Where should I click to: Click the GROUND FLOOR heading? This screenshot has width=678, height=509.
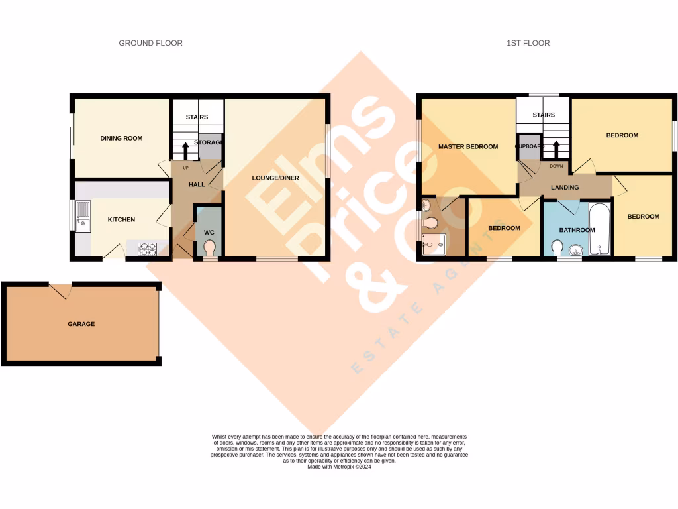[150, 43]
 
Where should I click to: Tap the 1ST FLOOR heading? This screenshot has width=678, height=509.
[528, 43]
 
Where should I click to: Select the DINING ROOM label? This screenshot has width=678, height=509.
[121, 138]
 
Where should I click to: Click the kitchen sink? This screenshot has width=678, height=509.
[83, 217]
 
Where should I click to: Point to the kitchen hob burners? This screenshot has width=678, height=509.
[146, 249]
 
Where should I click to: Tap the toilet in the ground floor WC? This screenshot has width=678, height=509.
[210, 248]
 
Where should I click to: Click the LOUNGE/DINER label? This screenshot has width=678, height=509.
[275, 178]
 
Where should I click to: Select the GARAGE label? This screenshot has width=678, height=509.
[81, 324]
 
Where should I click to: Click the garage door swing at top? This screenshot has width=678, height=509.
[60, 290]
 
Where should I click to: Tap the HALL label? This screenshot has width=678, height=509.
[197, 184]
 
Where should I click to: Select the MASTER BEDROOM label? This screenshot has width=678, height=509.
[467, 146]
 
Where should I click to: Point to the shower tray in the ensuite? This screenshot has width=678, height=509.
[434, 245]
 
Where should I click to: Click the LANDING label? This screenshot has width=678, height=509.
[565, 187]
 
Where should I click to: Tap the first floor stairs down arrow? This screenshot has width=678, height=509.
[556, 148]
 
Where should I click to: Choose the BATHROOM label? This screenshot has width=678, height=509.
[577, 230]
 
